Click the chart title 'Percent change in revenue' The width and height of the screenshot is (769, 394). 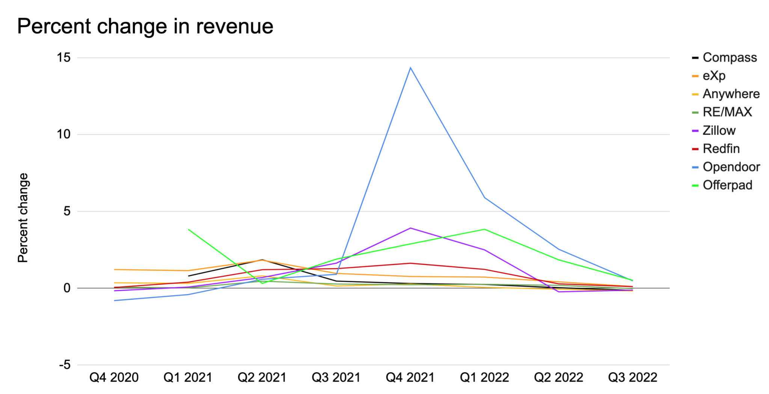pyautogui.click(x=145, y=26)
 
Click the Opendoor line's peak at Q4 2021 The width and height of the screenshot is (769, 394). pyautogui.click(x=410, y=68)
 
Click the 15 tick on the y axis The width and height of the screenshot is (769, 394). pyautogui.click(x=63, y=58)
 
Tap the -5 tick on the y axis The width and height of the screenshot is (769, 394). pyautogui.click(x=65, y=365)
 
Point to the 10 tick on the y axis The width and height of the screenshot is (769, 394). pyautogui.click(x=63, y=134)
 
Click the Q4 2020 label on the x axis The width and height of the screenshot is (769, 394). pyautogui.click(x=114, y=377)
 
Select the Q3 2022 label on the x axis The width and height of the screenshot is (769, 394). pyautogui.click(x=633, y=377)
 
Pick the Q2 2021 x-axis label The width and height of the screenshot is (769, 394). pyautogui.click(x=262, y=377)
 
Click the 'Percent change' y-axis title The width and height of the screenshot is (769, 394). pyautogui.click(x=23, y=218)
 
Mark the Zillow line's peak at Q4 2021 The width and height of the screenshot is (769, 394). pyautogui.click(x=410, y=228)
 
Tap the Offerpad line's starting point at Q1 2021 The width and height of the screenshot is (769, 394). pyautogui.click(x=188, y=229)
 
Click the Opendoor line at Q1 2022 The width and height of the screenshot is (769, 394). pyautogui.click(x=485, y=198)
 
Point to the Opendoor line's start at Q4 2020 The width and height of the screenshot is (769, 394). pyautogui.click(x=115, y=301)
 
